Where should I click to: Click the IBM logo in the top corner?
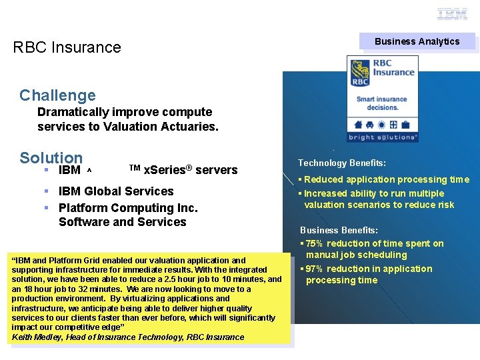coord(452,14)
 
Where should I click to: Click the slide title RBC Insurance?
coord(67,47)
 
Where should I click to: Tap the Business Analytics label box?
coord(417,41)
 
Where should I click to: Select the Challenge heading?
coord(57,95)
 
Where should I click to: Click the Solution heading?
coord(51,158)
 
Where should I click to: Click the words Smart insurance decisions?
coord(382,103)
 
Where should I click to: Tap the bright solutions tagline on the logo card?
coord(383,137)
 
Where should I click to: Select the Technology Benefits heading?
coord(341,163)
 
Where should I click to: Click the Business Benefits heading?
coord(339,230)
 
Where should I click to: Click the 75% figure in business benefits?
coord(315,243)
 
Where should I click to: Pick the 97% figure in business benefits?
coord(315,269)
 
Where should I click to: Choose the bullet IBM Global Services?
coord(116,191)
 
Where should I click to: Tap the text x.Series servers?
coord(190,170)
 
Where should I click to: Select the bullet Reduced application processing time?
coord(387,179)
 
